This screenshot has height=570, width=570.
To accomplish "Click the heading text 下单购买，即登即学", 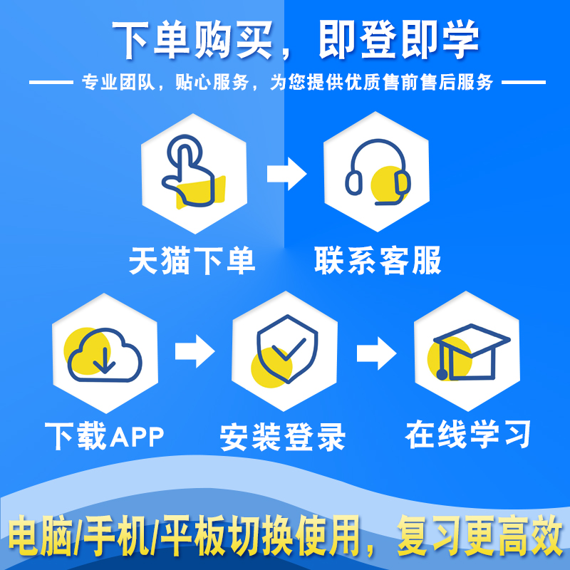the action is (285, 41).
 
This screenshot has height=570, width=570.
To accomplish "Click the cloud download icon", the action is (104, 353).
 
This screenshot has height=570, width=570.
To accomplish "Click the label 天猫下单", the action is (192, 261).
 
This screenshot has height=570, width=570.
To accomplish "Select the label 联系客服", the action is (378, 261).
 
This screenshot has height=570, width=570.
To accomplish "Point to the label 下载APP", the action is (104, 434).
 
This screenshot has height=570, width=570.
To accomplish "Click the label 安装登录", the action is (283, 437).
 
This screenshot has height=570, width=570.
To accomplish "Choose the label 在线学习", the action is (469, 434).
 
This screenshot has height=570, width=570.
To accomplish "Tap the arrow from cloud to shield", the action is (195, 350).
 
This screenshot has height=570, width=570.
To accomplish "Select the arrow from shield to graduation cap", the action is (376, 350).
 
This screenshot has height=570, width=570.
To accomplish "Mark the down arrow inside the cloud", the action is (104, 360).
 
